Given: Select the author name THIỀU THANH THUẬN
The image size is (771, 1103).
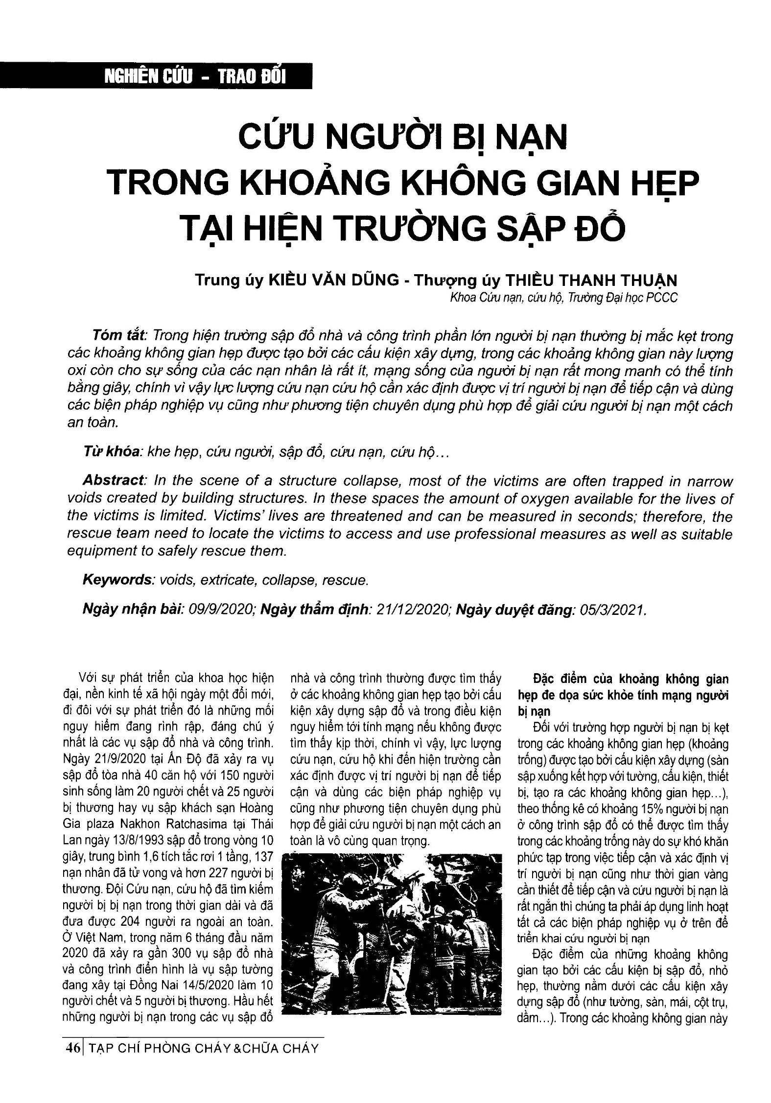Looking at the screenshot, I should click(x=591, y=280).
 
